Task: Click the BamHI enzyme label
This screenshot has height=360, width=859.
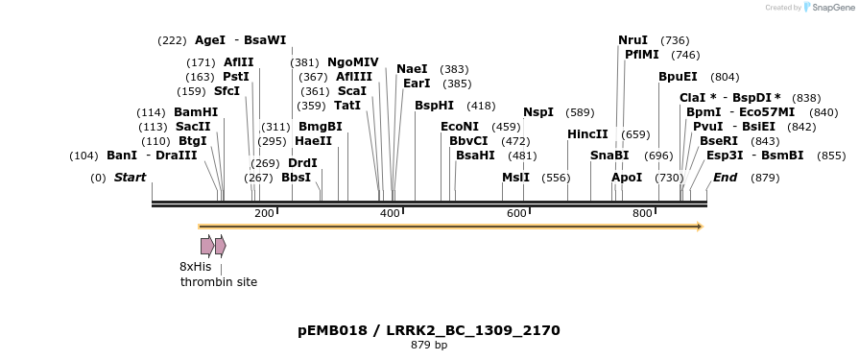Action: click(x=196, y=112)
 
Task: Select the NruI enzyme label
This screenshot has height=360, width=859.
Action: click(x=632, y=39)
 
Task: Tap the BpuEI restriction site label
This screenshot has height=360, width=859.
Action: click(x=678, y=77)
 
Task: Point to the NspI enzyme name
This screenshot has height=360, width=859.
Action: click(x=538, y=112)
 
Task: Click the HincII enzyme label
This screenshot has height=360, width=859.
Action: click(x=587, y=134)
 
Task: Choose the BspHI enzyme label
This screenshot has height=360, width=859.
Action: click(x=434, y=106)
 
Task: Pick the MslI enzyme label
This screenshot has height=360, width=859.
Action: click(x=515, y=178)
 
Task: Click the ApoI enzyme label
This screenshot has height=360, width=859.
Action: click(x=627, y=178)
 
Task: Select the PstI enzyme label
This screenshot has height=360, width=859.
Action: click(x=236, y=76)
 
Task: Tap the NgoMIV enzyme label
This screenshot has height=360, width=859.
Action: click(x=353, y=61)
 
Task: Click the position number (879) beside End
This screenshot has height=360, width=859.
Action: click(x=765, y=178)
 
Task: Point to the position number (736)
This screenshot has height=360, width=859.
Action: click(x=676, y=40)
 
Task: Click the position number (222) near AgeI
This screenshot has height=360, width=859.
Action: click(x=172, y=40)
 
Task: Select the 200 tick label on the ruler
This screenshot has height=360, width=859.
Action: click(x=264, y=213)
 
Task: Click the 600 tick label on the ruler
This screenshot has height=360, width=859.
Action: click(x=516, y=213)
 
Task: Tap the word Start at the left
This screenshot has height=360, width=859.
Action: click(x=130, y=178)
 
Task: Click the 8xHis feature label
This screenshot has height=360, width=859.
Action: click(x=195, y=267)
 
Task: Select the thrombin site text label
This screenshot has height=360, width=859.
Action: click(x=219, y=282)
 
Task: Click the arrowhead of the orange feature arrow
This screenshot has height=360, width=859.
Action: click(x=700, y=227)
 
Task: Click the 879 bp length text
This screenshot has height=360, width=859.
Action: click(x=429, y=345)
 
